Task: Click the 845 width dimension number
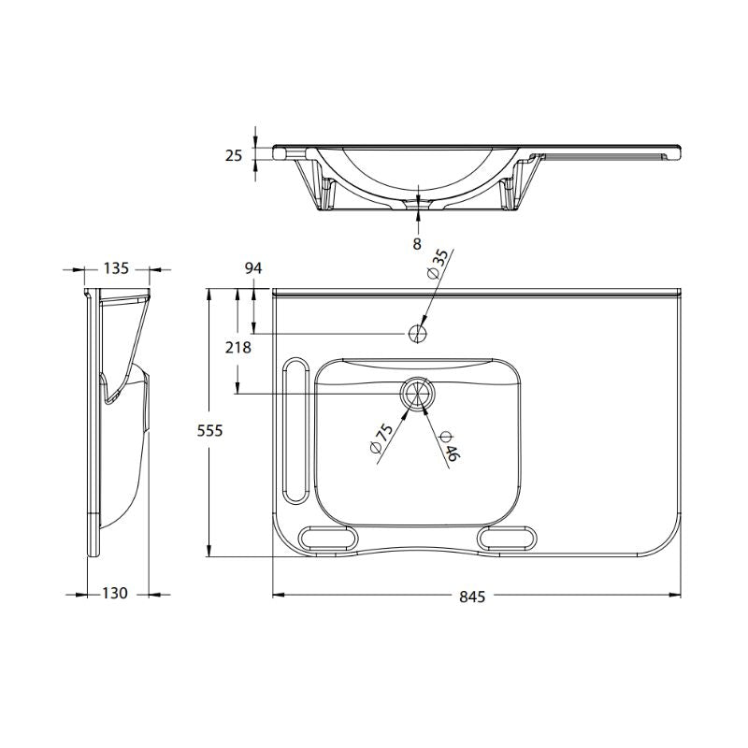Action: click(472, 597)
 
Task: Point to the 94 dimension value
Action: click(253, 268)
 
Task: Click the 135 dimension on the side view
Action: click(115, 268)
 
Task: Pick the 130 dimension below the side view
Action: click(114, 594)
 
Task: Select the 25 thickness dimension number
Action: click(235, 155)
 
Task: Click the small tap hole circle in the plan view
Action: click(417, 333)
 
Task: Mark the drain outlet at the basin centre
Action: click(417, 394)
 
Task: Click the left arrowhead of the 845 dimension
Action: click(277, 594)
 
